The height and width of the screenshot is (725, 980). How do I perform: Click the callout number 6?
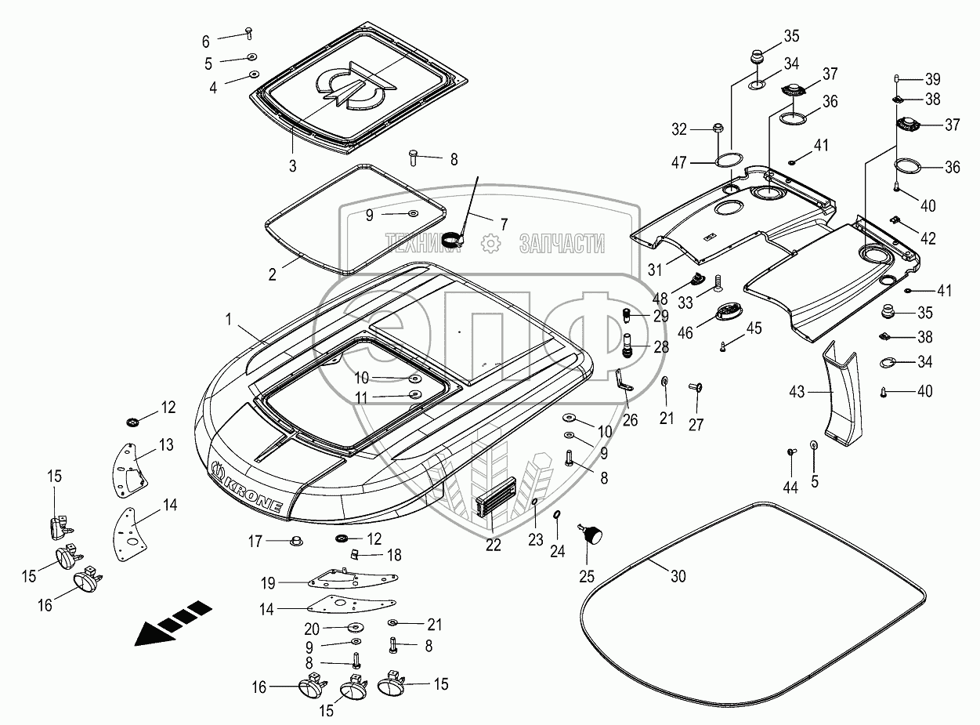tap(206, 40)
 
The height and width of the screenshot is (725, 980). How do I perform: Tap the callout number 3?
tap(292, 166)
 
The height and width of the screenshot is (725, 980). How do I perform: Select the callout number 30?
tap(678, 576)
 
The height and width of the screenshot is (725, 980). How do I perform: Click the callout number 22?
tap(492, 546)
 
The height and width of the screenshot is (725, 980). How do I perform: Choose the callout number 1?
tap(228, 319)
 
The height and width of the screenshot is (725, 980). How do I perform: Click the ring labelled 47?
tap(729, 161)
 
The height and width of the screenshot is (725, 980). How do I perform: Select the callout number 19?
tap(268, 582)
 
